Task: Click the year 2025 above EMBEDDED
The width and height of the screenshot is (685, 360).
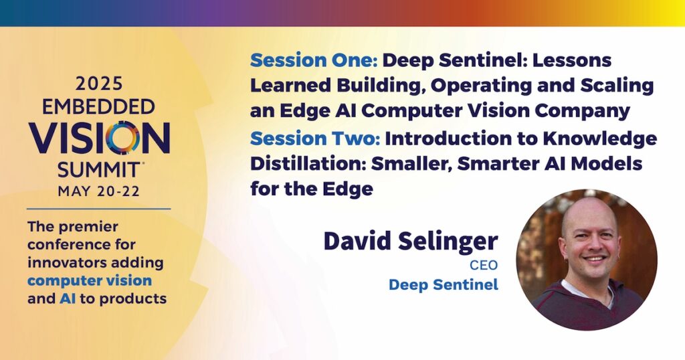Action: point(99,84)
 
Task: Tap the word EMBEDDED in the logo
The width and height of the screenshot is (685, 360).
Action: point(99,106)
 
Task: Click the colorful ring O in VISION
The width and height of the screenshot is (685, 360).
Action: point(122,138)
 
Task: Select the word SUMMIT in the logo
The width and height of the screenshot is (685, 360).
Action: point(99,169)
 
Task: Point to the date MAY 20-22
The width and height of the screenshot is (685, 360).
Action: point(99,191)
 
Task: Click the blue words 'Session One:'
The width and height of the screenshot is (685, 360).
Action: point(314,60)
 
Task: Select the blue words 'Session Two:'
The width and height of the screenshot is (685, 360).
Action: point(316,139)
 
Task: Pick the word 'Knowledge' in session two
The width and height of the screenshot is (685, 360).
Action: point(600,139)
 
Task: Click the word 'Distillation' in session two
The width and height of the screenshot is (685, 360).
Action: point(308,164)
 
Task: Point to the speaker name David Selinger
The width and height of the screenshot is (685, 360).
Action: point(411,241)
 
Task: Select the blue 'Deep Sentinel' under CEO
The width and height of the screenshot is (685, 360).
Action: point(444,285)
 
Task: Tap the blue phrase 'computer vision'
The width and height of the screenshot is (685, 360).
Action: point(90,280)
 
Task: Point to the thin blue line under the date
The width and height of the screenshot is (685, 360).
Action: point(99,209)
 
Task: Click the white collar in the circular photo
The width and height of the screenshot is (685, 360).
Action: point(586,290)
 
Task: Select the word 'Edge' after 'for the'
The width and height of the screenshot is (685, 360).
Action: point(348,189)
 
